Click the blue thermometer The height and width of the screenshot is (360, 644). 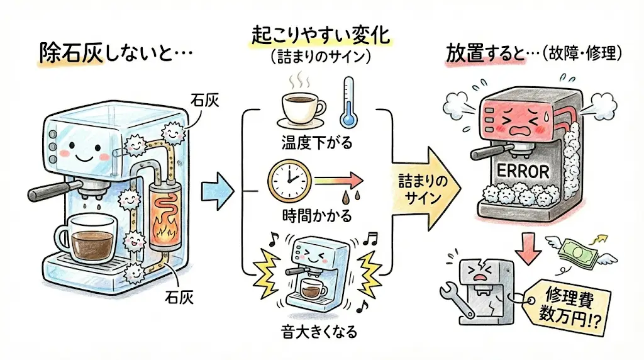click(x=347, y=102)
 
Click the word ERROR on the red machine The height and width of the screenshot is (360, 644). click(x=522, y=171)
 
